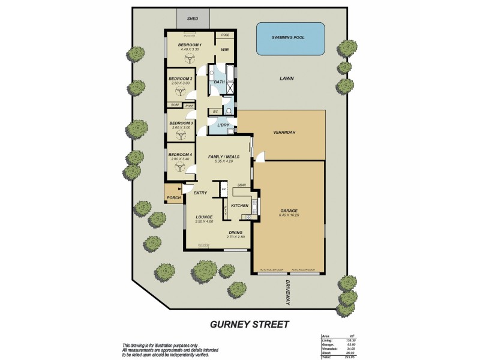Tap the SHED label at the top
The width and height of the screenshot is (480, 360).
[193, 19]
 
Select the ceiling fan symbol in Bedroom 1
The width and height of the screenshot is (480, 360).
[190, 58]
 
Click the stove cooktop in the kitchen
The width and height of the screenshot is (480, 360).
[245, 217]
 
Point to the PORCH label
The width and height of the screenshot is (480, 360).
[173, 197]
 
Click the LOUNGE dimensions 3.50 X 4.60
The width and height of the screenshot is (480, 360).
[205, 221]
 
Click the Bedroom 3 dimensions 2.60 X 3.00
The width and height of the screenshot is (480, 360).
[181, 127]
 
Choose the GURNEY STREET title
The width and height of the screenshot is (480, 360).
[249, 325]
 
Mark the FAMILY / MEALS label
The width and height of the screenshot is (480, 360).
[224, 157]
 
